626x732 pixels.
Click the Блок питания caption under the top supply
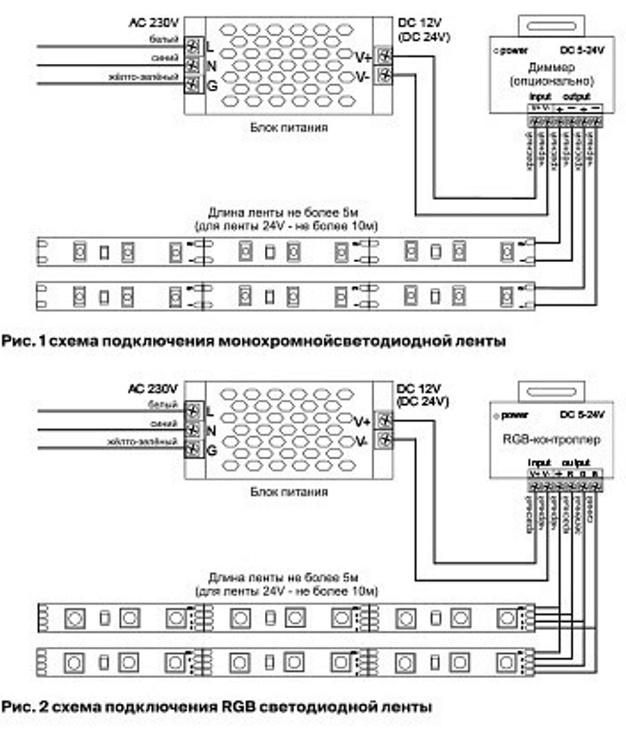pyautogui.click(x=289, y=128)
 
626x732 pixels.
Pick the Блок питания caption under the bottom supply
pyautogui.click(x=289, y=492)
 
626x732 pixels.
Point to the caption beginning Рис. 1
pyautogui.click(x=253, y=342)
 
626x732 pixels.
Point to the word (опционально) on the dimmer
pyautogui.click(x=551, y=81)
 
